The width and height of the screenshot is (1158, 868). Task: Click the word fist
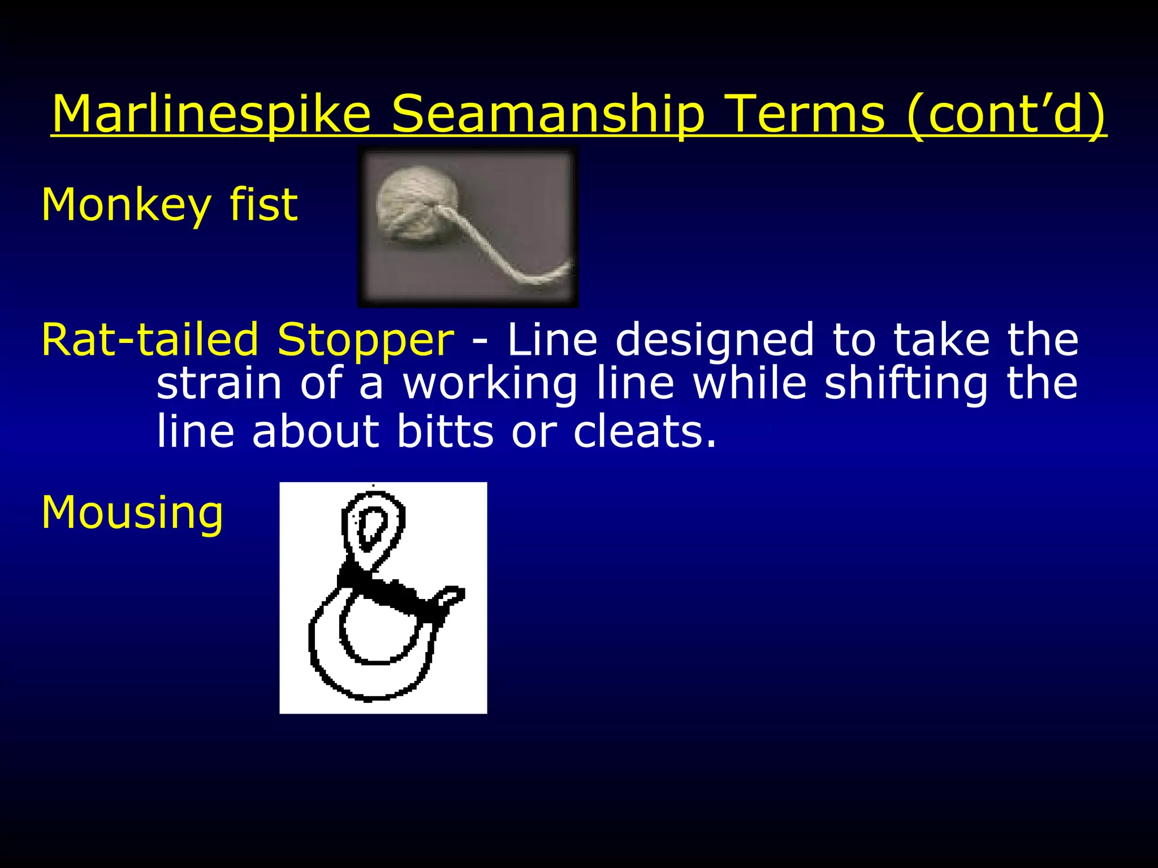(263, 205)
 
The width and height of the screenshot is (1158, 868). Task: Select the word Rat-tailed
(150, 340)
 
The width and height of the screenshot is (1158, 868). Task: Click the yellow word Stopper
(365, 341)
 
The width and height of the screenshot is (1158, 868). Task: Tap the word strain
(219, 384)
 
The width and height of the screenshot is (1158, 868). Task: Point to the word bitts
(445, 432)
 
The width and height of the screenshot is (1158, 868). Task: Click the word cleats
(645, 432)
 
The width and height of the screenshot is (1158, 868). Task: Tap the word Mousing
(132, 513)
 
